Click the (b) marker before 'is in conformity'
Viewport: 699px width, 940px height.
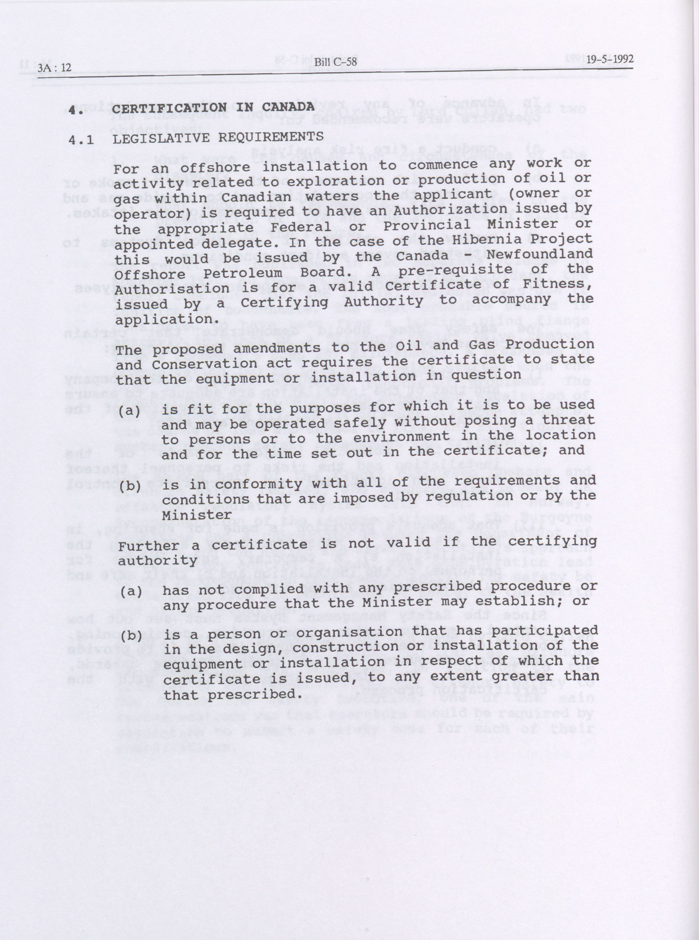(x=129, y=486)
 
